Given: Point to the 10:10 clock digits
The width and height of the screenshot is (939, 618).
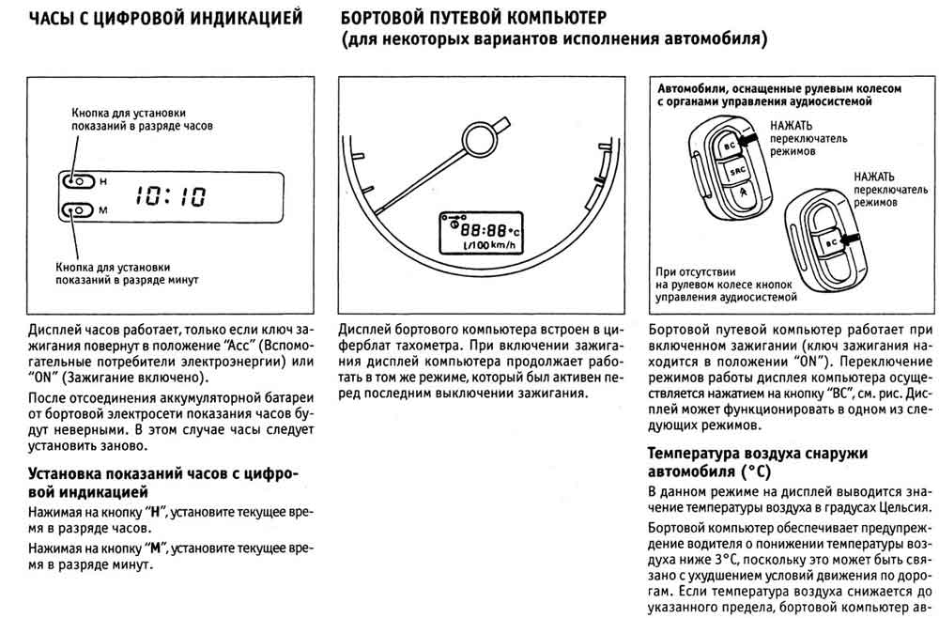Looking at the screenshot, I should [x=171, y=195].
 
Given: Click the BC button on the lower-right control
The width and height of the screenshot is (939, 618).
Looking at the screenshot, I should [x=831, y=240].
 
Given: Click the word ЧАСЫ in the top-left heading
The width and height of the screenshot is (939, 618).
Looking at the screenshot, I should [x=55, y=18].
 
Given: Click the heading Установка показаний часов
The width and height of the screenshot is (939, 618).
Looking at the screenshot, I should [x=164, y=474].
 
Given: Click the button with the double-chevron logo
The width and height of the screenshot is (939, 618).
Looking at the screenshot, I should [x=742, y=195].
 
